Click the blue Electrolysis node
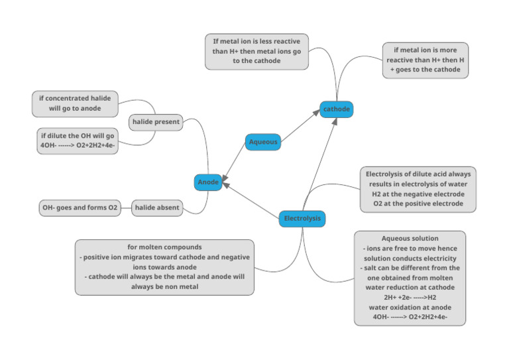[x=302, y=218]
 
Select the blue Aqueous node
[x=262, y=141]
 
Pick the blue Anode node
[x=208, y=182]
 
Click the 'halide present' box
[x=156, y=122]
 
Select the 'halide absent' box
[x=156, y=208]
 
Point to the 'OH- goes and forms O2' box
[x=80, y=208]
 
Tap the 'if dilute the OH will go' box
[x=78, y=141]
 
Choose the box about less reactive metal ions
[x=256, y=51]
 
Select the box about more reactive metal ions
[x=425, y=60]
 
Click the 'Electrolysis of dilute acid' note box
[x=418, y=189]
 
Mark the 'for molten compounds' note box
[x=164, y=267]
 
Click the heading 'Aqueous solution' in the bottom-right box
[x=410, y=239]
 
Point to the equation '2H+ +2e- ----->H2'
[x=410, y=298]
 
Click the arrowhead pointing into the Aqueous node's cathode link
[x=317, y=113]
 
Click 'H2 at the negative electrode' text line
[x=418, y=194]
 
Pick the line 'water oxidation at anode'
[x=410, y=308]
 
